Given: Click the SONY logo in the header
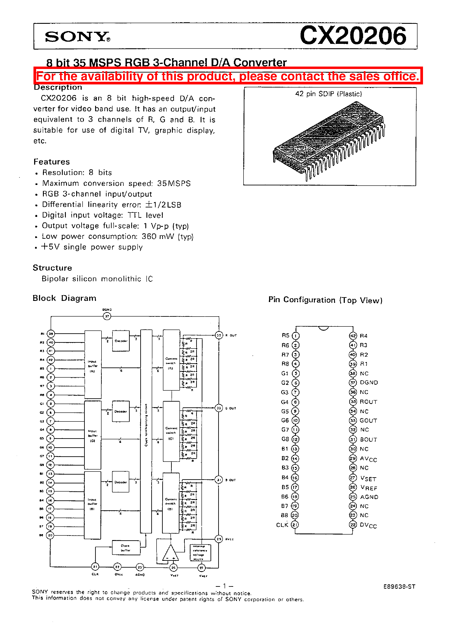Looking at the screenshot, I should pyautogui.click(x=77, y=37).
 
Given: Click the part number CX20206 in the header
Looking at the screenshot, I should pyautogui.click(x=353, y=36).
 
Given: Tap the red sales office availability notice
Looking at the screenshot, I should pyautogui.click(x=228, y=76).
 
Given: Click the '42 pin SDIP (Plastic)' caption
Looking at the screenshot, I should pyautogui.click(x=328, y=94).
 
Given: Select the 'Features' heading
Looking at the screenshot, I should pyautogui.click(x=52, y=162).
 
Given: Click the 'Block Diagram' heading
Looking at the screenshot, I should pyautogui.click(x=64, y=298).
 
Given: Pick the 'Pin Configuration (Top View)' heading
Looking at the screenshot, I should pyautogui.click(x=325, y=300).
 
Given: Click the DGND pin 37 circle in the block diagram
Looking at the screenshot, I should pyautogui.click(x=107, y=316).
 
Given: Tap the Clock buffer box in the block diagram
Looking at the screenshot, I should pyautogui.click(x=126, y=548).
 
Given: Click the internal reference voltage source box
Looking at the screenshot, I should pyautogui.click(x=200, y=552).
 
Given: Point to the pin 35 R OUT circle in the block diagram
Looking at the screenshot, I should pyautogui.click(x=219, y=335).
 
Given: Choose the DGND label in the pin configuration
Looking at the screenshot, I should pyautogui.click(x=369, y=382).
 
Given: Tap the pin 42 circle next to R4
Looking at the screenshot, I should pyautogui.click(x=353, y=336).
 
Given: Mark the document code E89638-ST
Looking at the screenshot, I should pyautogui.click(x=399, y=587).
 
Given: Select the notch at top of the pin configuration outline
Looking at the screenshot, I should pyautogui.click(x=323, y=328).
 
